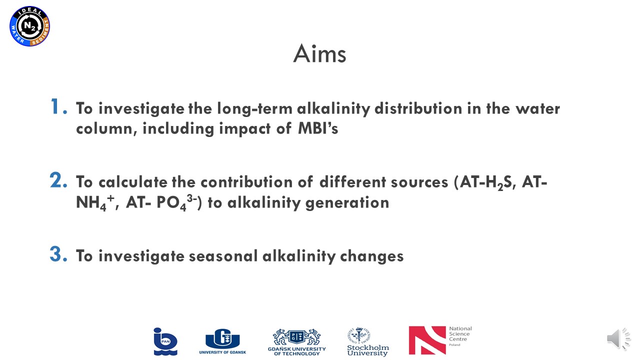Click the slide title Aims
point(319,53)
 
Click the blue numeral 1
point(58,106)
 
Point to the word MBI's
point(318,128)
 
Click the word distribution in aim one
point(418,108)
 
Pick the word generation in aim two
point(347,203)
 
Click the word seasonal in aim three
point(223,255)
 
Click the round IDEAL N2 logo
point(29,26)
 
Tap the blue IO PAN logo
point(165,341)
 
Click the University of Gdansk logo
point(222,341)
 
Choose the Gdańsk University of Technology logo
point(297,342)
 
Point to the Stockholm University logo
point(368,341)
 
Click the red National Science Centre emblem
point(427,340)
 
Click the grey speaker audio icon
point(618,339)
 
